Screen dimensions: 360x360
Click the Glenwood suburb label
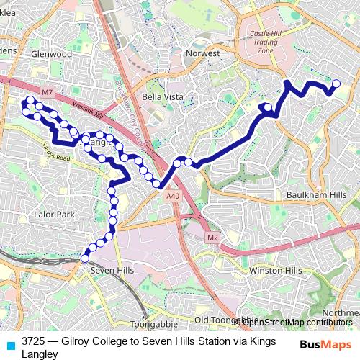(53, 54)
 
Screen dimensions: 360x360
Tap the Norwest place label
(202, 54)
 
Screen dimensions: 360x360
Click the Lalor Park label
(55, 215)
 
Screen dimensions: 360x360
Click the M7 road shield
(48, 93)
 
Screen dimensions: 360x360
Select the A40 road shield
(171, 196)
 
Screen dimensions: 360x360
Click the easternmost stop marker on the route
(336, 84)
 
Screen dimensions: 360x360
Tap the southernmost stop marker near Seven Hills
(85, 258)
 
